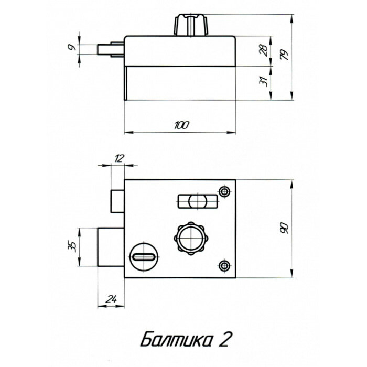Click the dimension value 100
click(x=181, y=125)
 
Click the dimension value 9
click(x=74, y=48)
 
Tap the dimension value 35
click(x=73, y=246)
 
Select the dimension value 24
click(x=111, y=299)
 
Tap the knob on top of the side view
click(x=192, y=24)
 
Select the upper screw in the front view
click(x=226, y=191)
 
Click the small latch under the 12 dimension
click(x=117, y=200)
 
